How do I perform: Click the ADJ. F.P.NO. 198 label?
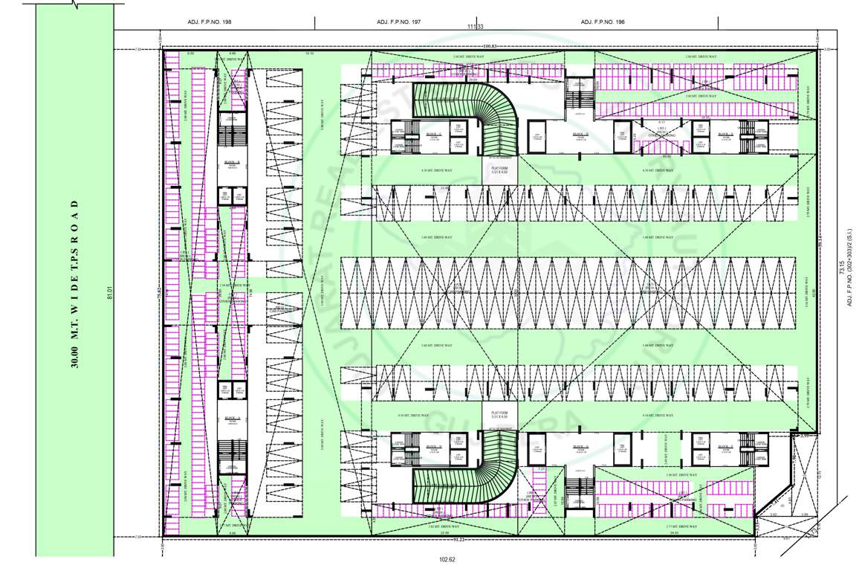tap(210, 22)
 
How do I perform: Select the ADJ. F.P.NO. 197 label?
tap(399, 22)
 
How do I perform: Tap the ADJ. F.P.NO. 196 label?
tap(603, 22)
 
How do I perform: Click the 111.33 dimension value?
tap(476, 28)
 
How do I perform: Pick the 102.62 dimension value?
tap(447, 559)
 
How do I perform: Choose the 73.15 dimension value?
tap(841, 268)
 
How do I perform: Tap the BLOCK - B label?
tap(232, 161)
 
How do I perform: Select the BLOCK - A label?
tap(232, 418)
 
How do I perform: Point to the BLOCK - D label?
tap(580, 135)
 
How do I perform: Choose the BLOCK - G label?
tap(580, 447)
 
